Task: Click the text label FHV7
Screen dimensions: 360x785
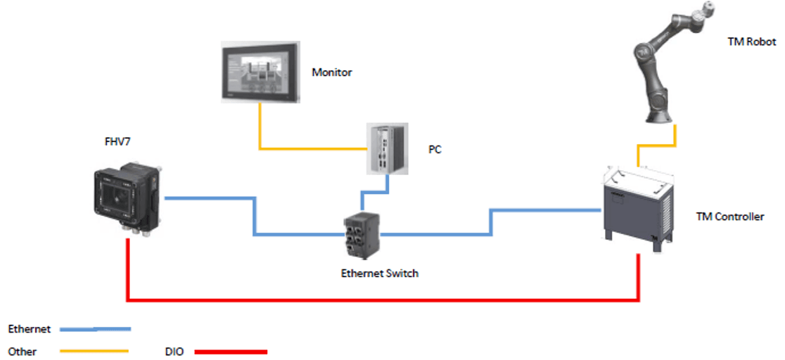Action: click(x=117, y=141)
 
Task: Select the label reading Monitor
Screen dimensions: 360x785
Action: click(x=331, y=72)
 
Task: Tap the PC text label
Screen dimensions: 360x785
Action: click(x=435, y=150)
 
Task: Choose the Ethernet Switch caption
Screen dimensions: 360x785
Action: click(x=379, y=273)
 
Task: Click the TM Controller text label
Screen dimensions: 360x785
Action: click(x=729, y=217)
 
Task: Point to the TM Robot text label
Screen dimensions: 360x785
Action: click(x=752, y=42)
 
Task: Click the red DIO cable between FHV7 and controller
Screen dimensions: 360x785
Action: click(x=380, y=301)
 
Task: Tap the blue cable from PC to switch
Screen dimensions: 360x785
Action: click(x=373, y=190)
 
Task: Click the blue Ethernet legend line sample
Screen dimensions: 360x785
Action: click(x=95, y=328)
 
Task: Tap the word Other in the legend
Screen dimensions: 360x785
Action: click(x=22, y=351)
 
